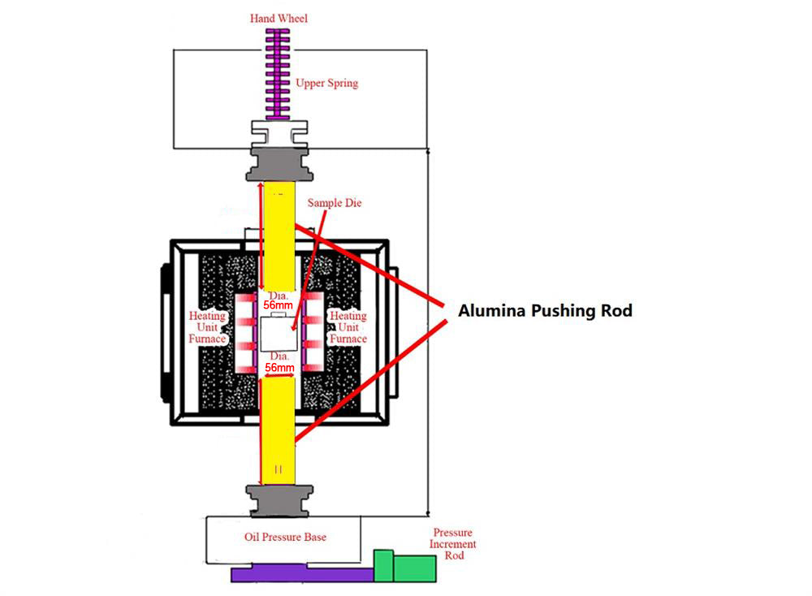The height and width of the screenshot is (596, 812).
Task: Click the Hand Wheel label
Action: coord(279,18)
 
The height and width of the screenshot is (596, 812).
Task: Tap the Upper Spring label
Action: coord(326,83)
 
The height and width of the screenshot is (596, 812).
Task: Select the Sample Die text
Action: coord(334,203)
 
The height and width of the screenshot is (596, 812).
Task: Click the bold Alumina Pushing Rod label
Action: coord(545,310)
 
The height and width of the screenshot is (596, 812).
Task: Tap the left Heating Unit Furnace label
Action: coord(208,327)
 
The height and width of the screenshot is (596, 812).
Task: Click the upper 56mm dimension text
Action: coord(278,304)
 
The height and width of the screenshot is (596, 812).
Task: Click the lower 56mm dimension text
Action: coord(278,368)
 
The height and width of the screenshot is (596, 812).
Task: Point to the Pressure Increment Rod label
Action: coord(453,544)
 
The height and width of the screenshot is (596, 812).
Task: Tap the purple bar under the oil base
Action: coord(300,574)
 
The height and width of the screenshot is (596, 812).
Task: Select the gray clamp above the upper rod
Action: coord(279,162)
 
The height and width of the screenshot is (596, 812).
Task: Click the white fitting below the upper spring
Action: coord(279,130)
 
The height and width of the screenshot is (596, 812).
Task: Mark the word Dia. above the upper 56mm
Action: coord(278,294)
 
